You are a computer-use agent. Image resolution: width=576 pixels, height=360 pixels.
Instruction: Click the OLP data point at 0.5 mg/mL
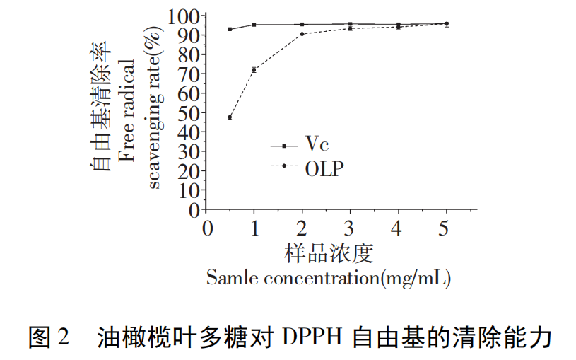(230, 117)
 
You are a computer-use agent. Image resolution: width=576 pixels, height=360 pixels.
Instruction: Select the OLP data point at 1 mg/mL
(254, 69)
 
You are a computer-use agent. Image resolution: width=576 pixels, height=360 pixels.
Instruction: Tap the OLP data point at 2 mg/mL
(302, 34)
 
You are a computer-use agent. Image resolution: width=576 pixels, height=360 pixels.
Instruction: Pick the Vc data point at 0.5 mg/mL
(230, 29)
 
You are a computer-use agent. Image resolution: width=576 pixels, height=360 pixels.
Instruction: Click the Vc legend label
(317, 144)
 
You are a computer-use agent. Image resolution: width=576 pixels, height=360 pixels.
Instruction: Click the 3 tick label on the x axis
(350, 229)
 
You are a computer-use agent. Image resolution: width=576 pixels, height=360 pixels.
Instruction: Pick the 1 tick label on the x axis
(254, 229)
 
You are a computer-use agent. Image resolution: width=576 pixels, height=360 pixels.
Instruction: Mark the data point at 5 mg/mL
(446, 23)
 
